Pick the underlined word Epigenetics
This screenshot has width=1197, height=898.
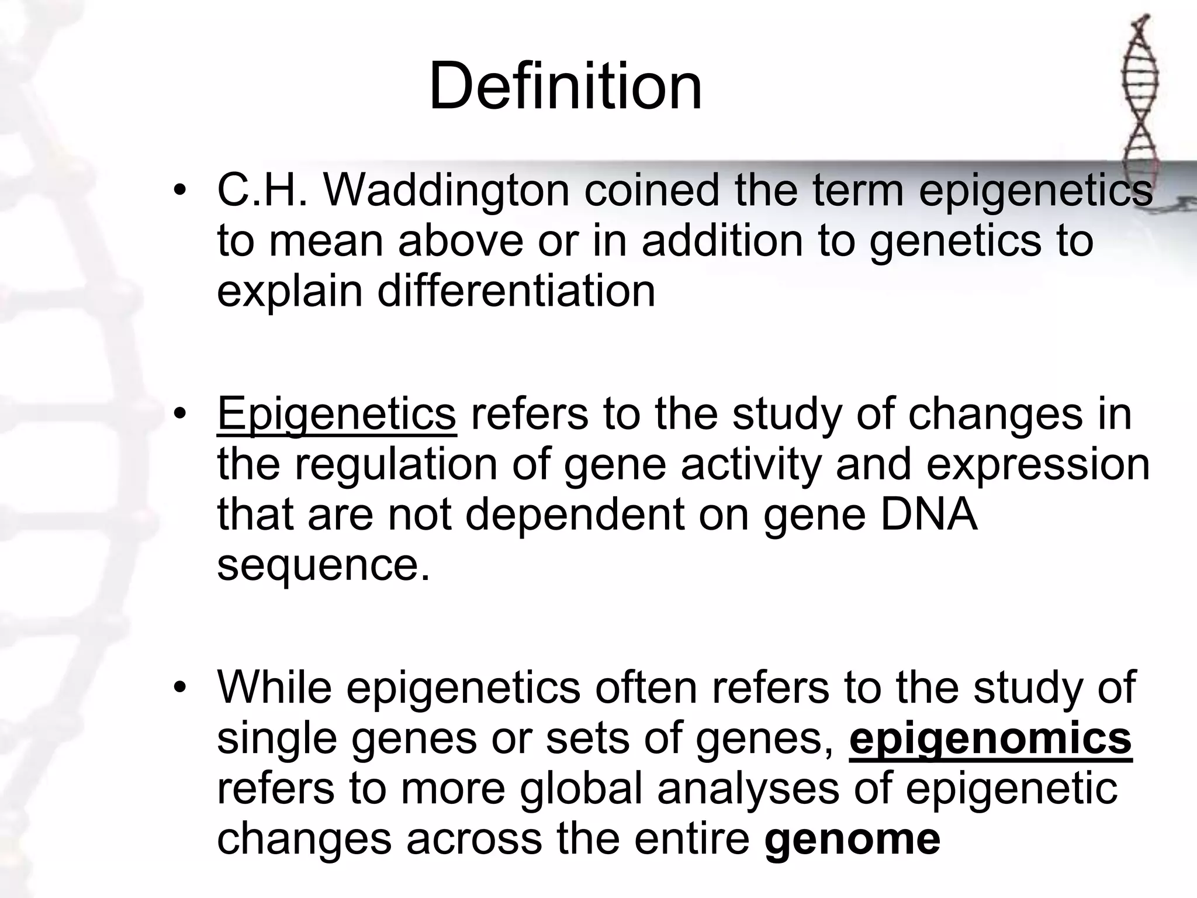click(x=336, y=413)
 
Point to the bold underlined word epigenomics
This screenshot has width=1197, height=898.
click(x=990, y=738)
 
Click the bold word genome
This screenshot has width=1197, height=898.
click(x=852, y=839)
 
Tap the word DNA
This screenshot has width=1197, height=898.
click(x=928, y=514)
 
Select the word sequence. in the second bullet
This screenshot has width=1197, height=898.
click(x=323, y=565)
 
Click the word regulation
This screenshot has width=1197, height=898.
click(x=396, y=464)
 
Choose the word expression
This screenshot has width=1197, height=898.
click(x=1038, y=464)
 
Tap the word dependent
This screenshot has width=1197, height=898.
click(x=575, y=514)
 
